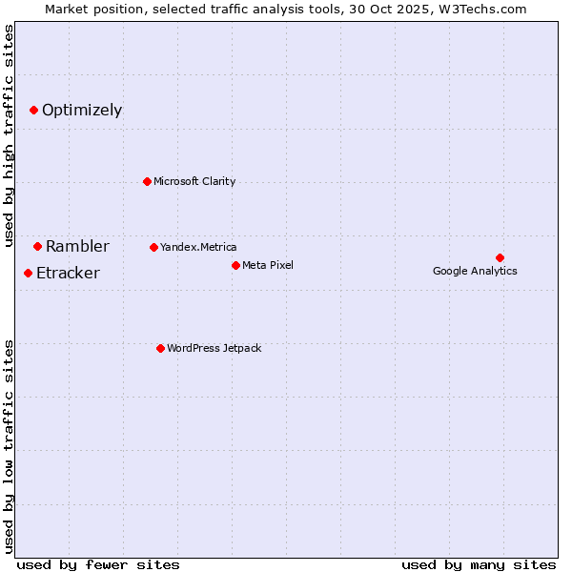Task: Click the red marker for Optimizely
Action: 33,110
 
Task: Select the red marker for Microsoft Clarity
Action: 147,181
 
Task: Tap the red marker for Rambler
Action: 37,246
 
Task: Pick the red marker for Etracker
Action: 28,273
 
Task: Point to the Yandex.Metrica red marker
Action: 153,247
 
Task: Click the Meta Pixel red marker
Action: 235,265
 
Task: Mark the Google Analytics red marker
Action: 500,257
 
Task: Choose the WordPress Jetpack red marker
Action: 160,348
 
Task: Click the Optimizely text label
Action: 82,110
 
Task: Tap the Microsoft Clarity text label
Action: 194,181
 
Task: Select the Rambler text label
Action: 77,246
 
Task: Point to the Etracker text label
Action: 68,273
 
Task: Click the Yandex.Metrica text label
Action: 198,247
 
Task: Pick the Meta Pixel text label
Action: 268,265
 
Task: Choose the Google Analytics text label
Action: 475,271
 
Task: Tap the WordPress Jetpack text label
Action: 214,348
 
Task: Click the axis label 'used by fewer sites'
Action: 98,564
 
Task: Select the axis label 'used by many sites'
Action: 479,564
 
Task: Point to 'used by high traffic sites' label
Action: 10,135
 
